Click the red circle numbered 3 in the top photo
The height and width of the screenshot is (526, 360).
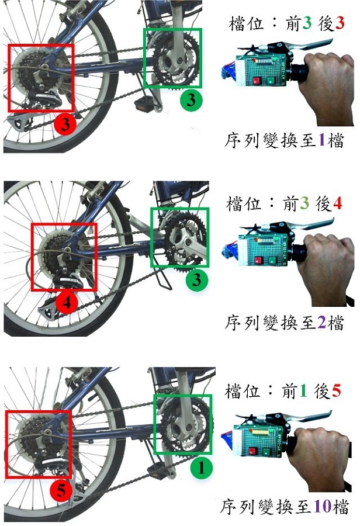pyautogui.click(x=65, y=124)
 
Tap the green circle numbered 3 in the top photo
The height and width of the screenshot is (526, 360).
pyautogui.click(x=191, y=100)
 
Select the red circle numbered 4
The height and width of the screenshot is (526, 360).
pyautogui.click(x=67, y=303)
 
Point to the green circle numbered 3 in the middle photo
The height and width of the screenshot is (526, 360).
pyautogui.click(x=197, y=279)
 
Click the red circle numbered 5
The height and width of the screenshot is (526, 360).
pyautogui.click(x=61, y=490)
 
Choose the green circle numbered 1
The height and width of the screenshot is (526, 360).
pyautogui.click(x=201, y=468)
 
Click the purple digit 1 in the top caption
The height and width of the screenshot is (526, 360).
pyautogui.click(x=321, y=140)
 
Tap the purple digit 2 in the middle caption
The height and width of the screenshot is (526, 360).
pyautogui.click(x=321, y=322)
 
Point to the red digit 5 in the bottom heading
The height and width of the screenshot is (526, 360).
pyautogui.click(x=336, y=391)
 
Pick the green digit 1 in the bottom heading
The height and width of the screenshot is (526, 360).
pyautogui.click(x=303, y=391)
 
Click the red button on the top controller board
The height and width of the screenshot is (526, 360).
pyautogui.click(x=257, y=81)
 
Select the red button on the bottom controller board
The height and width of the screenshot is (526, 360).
pyautogui.click(x=252, y=452)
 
